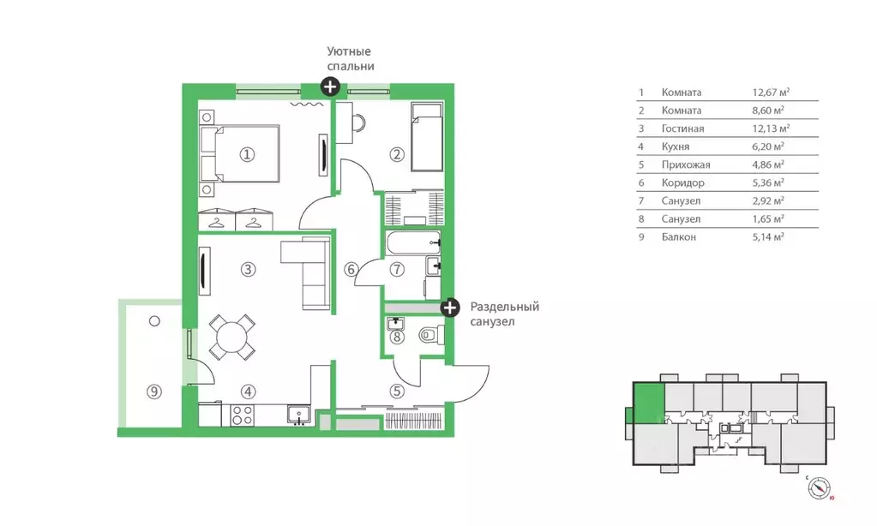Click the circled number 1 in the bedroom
tap(247, 154)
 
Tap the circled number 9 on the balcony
tap(153, 392)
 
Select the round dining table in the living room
tap(232, 337)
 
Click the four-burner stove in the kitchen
tap(242, 415)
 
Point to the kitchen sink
tap(299, 415)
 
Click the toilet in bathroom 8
tap(432, 335)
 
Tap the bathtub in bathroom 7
tap(412, 243)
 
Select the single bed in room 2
tap(427, 136)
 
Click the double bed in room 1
tap(241, 153)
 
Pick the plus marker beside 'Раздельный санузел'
tap(450, 308)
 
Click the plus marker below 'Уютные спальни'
tap(330, 87)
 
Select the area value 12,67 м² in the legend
tap(771, 93)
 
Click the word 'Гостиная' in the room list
tap(682, 129)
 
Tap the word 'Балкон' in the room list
tap(678, 237)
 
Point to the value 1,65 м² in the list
tap(768, 219)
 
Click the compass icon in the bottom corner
tap(820, 488)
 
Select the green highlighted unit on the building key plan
tap(649, 403)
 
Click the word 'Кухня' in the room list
tap(675, 146)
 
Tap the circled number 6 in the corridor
tap(351, 270)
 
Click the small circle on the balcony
tap(154, 321)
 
